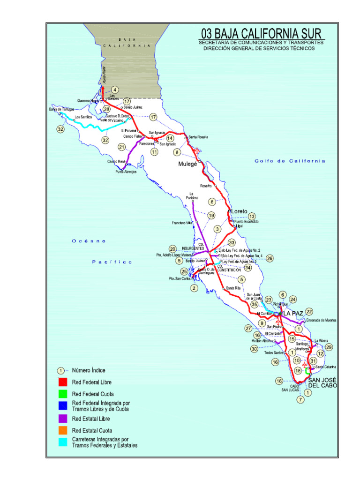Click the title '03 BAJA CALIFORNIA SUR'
pyautogui.click(x=261, y=34)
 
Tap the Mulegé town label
pyautogui.click(x=187, y=165)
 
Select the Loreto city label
pyautogui.click(x=239, y=211)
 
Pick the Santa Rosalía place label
pyautogui.click(x=198, y=137)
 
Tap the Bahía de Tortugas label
pyautogui.click(x=61, y=109)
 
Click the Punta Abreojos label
pyautogui.click(x=126, y=172)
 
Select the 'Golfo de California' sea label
pyautogui.click(x=290, y=161)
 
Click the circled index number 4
pyautogui.click(x=115, y=90)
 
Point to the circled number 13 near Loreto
pyautogui.click(x=252, y=216)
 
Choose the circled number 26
pyautogui.click(x=270, y=258)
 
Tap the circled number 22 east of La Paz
pyautogui.click(x=309, y=311)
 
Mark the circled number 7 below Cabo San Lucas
pyautogui.click(x=300, y=400)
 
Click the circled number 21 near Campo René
pyautogui.click(x=122, y=147)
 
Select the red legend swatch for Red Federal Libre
pyautogui.click(x=63, y=382)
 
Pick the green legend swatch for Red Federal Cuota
pyautogui.click(x=63, y=394)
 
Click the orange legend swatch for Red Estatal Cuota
pyautogui.click(x=63, y=430)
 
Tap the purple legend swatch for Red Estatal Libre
pyautogui.click(x=63, y=418)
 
